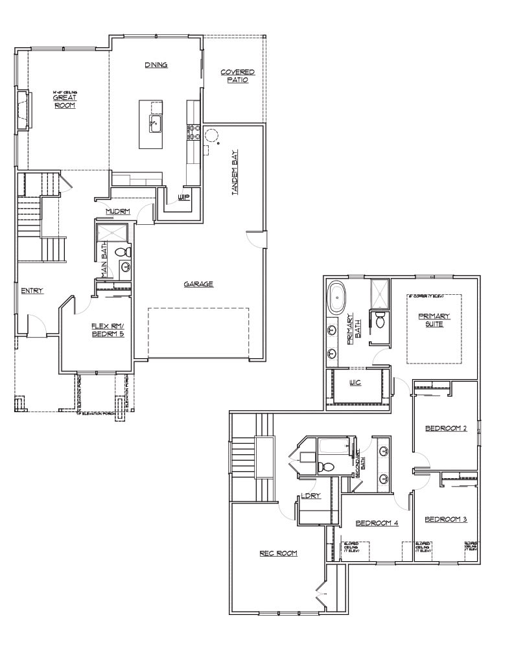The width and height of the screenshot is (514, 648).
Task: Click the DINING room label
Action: point(156,65)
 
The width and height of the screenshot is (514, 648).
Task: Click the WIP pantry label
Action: point(183,197)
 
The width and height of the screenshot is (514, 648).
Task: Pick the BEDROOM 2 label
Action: point(446,428)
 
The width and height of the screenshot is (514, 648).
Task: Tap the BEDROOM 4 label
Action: point(377,523)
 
